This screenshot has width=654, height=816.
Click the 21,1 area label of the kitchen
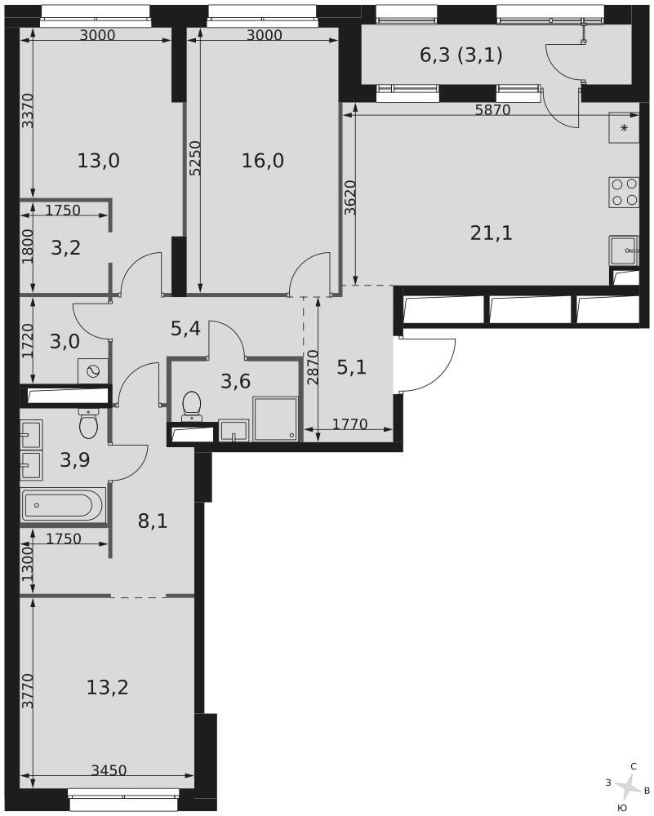point(492,233)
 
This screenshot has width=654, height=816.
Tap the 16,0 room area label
point(263,161)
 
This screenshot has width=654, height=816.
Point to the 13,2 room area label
point(107,687)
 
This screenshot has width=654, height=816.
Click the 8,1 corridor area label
point(153,521)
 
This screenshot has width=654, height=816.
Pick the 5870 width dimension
point(492,110)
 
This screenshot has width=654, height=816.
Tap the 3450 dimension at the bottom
point(109,770)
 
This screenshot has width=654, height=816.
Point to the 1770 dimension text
point(350,424)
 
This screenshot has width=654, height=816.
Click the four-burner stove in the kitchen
point(624,193)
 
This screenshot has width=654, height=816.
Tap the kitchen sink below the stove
point(624,249)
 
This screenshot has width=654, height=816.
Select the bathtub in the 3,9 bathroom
point(63,505)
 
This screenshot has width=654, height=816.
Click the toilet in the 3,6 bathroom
point(192,406)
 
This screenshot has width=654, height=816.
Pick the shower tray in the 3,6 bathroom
point(275,419)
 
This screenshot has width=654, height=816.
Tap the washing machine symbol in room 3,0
point(93,370)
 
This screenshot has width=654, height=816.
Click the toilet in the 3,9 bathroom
point(89,422)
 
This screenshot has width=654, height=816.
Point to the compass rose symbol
point(628,787)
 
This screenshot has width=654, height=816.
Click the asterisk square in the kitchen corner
point(624,128)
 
